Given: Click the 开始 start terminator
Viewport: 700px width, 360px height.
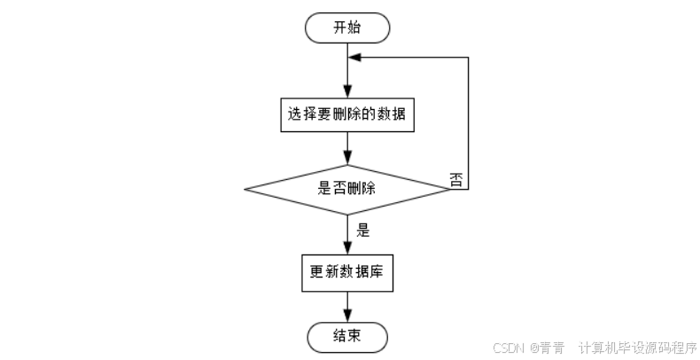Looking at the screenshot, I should click(x=346, y=27).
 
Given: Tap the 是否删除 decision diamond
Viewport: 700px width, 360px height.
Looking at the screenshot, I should click(x=346, y=189).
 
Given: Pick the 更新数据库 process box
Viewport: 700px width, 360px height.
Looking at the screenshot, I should click(x=346, y=273).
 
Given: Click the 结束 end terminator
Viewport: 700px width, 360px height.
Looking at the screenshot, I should click(x=346, y=336).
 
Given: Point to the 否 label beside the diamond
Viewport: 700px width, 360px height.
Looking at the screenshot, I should click(x=456, y=180).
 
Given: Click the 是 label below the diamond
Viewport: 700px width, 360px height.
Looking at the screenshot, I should click(x=362, y=229).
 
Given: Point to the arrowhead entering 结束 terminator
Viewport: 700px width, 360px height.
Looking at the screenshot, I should click(x=346, y=317).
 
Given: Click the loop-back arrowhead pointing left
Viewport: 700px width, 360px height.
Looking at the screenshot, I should click(x=354, y=57).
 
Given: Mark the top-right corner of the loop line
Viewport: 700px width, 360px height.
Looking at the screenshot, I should click(x=467, y=57).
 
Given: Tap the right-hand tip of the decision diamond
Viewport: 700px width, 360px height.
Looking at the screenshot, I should click(x=449, y=189).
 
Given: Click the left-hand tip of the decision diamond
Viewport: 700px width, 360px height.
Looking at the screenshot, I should click(x=245, y=189).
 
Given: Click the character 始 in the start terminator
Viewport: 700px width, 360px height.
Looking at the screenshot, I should click(x=354, y=27).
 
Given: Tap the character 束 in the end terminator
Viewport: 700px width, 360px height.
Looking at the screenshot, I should click(x=354, y=336).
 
